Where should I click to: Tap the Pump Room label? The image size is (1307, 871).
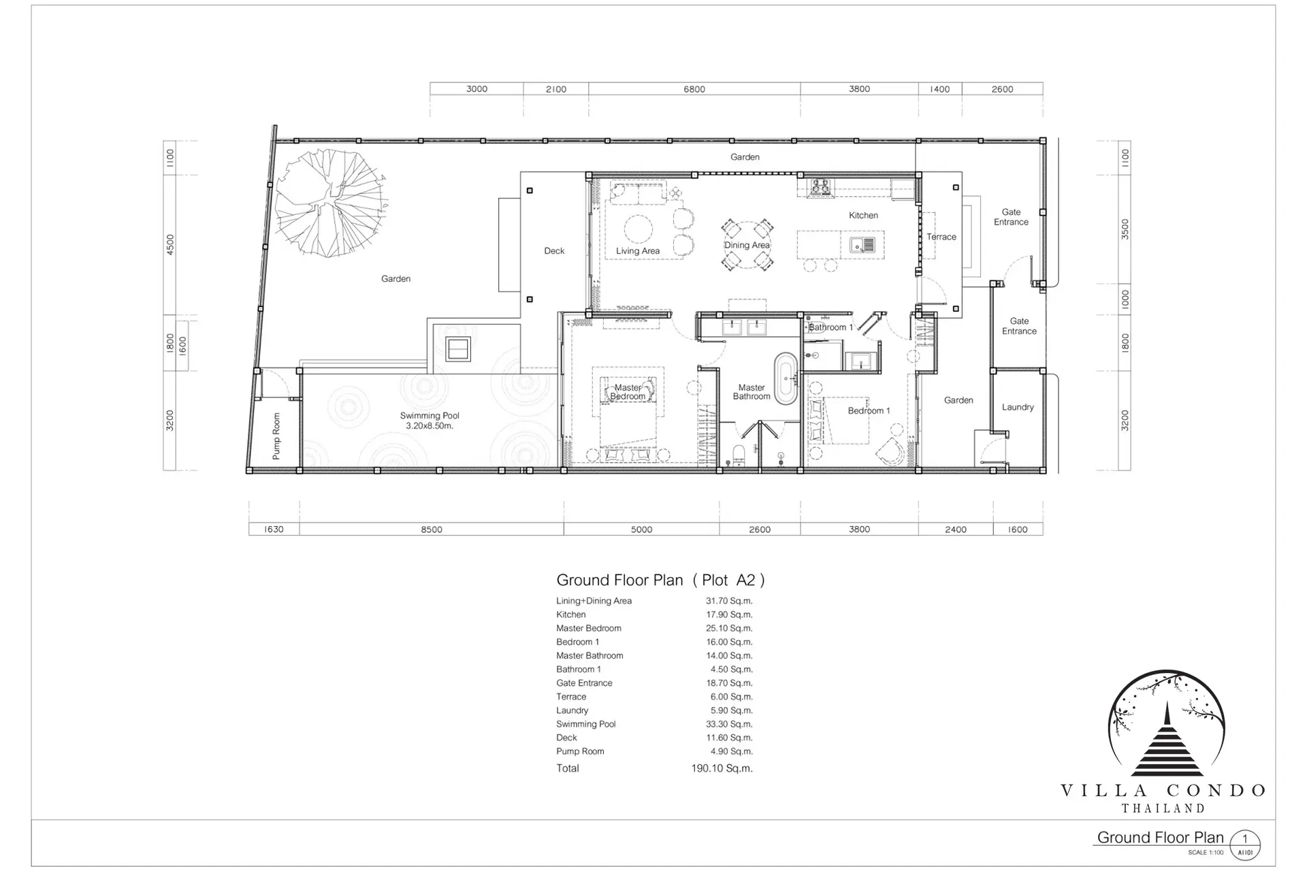click(276, 436)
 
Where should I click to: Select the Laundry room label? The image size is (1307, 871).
click(1018, 407)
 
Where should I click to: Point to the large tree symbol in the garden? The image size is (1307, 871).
click(332, 203)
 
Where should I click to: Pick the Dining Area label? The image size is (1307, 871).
click(747, 245)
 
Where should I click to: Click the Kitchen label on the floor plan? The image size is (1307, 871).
click(863, 215)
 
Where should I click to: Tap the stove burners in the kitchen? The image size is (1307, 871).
click(820, 187)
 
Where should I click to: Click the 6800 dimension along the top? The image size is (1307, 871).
click(694, 89)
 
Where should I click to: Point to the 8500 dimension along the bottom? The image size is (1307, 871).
click(432, 529)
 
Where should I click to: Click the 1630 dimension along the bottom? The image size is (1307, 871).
click(274, 529)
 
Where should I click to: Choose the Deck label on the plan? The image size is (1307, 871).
click(554, 250)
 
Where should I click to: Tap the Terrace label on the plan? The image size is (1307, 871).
click(941, 237)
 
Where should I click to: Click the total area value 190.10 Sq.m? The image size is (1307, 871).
click(722, 768)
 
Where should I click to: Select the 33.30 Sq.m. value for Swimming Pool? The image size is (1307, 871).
click(729, 724)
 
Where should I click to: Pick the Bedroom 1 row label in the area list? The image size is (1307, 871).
click(577, 642)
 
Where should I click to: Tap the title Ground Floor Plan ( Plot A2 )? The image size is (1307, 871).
click(660, 580)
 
